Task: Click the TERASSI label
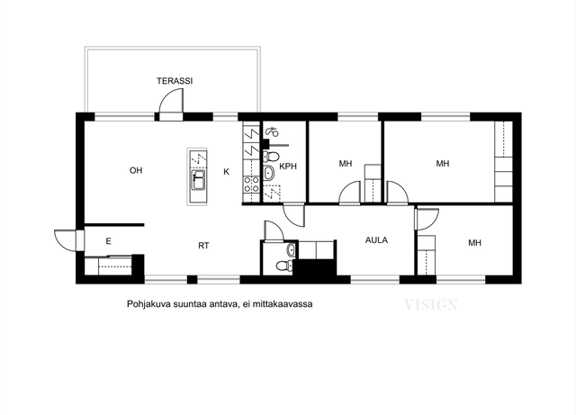(175, 81)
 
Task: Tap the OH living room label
(136, 170)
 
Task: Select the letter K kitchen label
(226, 172)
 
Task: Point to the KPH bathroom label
(288, 167)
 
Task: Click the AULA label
(376, 240)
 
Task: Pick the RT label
(203, 246)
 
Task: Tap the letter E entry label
(108, 241)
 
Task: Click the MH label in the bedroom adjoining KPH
(346, 164)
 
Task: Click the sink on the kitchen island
(198, 180)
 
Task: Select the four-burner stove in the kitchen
(252, 185)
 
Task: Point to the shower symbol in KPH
(272, 131)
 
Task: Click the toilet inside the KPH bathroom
(271, 157)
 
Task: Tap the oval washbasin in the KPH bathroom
(268, 173)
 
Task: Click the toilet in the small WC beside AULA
(284, 265)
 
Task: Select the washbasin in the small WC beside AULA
(291, 250)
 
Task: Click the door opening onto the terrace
(171, 104)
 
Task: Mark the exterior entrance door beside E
(69, 240)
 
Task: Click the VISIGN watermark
(431, 305)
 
